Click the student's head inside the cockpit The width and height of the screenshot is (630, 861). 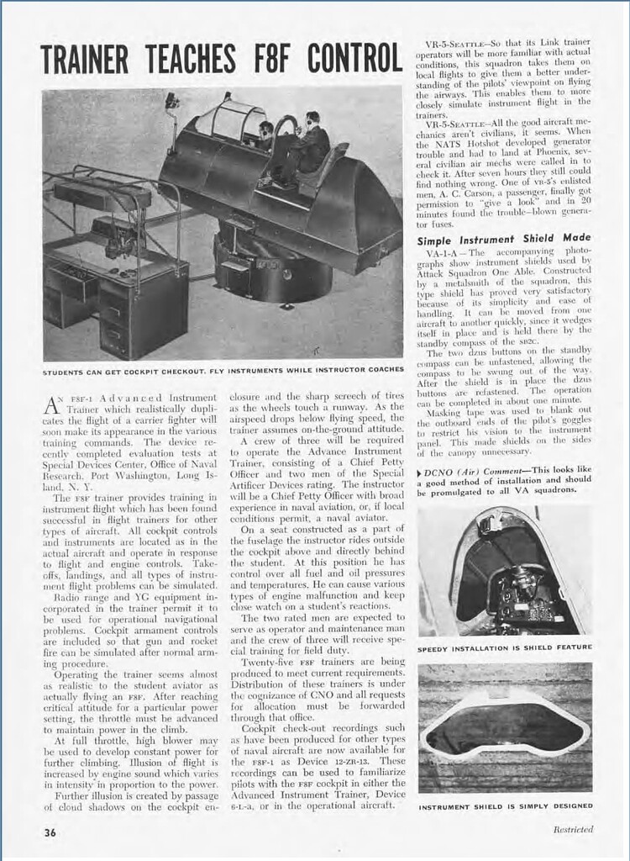tap(266, 130)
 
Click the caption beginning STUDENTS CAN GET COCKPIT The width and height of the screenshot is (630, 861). tap(223, 369)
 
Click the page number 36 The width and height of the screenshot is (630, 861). tap(50, 832)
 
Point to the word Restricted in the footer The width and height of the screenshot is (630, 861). tap(573, 829)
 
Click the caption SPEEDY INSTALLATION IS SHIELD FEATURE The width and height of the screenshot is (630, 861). tap(504, 647)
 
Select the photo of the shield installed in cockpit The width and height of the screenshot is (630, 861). tap(504, 572)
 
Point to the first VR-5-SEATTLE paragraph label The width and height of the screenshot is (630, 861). tap(456, 42)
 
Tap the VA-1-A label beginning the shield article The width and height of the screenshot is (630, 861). tap(443, 252)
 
